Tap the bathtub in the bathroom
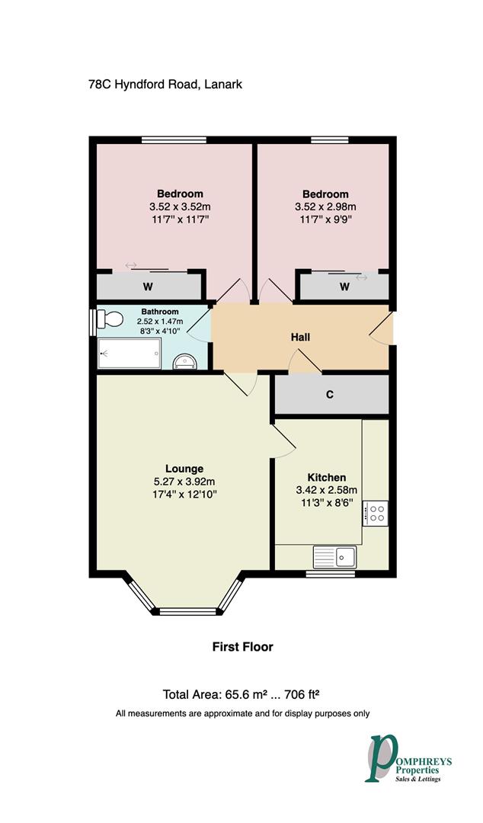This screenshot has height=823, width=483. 130,354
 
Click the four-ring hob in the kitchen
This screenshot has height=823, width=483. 376,511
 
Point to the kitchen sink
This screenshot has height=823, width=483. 336,557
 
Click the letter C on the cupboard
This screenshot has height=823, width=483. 330,395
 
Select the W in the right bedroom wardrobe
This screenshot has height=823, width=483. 344,287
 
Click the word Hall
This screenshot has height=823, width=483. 300,337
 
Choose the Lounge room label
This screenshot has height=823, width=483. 184,469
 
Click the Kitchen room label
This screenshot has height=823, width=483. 326,477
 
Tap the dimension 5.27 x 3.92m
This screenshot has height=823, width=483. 184,482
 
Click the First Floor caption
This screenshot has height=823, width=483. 242,647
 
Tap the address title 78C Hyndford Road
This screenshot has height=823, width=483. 165,85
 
